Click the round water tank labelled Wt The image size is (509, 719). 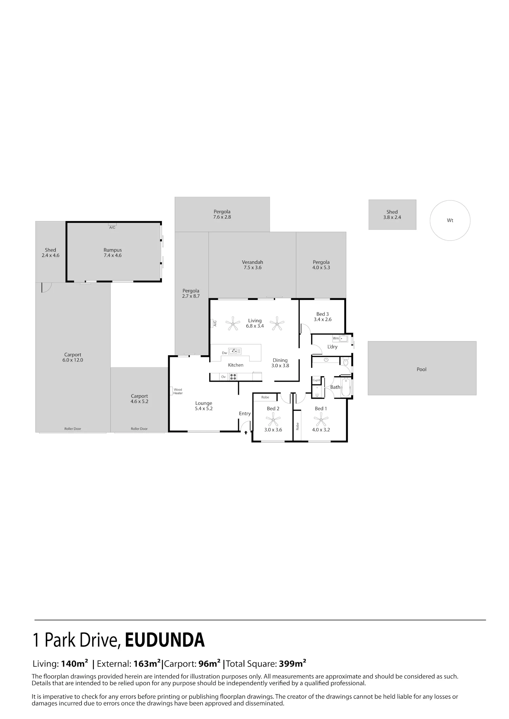tap(450, 220)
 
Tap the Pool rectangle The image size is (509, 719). tap(422, 368)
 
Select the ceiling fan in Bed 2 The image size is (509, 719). tap(272, 421)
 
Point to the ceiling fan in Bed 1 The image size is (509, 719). tap(321, 421)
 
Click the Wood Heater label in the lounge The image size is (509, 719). tap(178, 391)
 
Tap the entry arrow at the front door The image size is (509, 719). tap(246, 432)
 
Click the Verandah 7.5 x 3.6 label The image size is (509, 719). tap(252, 265)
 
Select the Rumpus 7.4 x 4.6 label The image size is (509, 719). tap(113, 253)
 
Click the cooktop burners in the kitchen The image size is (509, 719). tap(233, 377)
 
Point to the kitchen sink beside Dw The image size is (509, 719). tap(234, 351)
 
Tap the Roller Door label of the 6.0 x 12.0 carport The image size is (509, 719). tap(73, 429)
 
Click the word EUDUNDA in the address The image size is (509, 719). tap(165, 640)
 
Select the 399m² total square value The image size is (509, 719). tap(293, 663)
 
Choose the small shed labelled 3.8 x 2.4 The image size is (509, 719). tap(392, 215)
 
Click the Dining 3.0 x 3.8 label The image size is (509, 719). tap(280, 363)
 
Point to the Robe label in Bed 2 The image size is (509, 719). tap(265, 397)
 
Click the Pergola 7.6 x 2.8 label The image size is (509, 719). tap(222, 214)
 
